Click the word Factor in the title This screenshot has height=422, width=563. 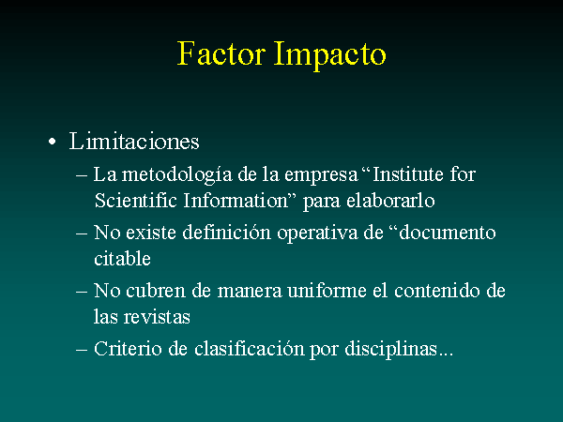click(221, 53)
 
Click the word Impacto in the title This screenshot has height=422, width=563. click(330, 55)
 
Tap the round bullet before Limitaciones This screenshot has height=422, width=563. click(52, 142)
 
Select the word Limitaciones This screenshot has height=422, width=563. click(134, 141)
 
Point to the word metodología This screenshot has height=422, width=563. click(176, 175)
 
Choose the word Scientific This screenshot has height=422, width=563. click(136, 201)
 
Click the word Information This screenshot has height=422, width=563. click(236, 201)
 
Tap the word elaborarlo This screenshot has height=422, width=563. click(390, 201)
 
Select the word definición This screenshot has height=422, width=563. click(226, 233)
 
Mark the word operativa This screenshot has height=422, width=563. click(317, 234)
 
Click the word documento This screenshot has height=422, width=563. click(448, 233)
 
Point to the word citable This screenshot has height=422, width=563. click(122, 259)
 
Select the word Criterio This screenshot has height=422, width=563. click(128, 349)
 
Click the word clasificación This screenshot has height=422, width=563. click(250, 349)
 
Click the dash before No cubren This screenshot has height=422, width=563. click(82, 292)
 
